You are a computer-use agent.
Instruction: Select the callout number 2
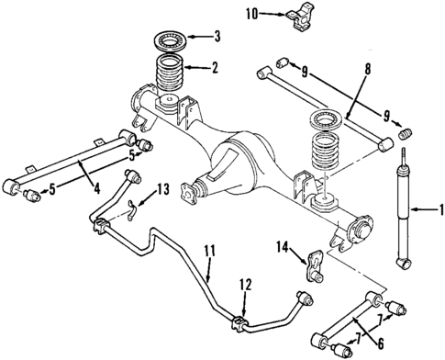(214, 67)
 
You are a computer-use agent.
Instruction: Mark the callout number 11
(209, 275)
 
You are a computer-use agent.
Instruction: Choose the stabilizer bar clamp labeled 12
(241, 323)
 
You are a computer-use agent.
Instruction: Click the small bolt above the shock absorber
(404, 139)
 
